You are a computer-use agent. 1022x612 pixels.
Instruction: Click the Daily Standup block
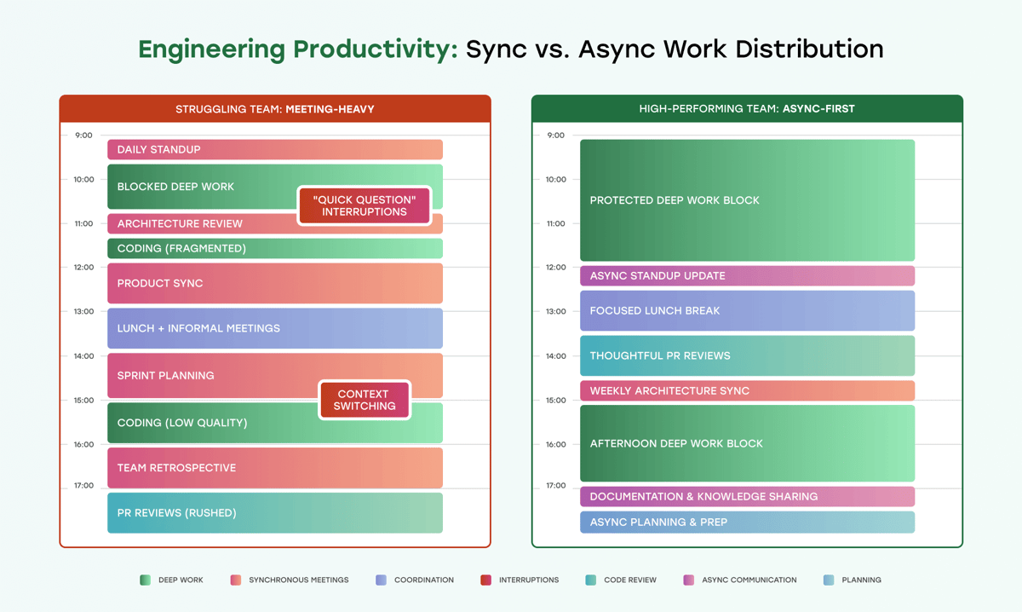(274, 149)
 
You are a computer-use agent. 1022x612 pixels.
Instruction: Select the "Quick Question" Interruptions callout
(365, 205)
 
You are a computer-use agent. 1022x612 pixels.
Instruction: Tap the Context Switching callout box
(365, 400)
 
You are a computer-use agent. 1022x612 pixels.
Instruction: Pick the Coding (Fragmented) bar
(274, 248)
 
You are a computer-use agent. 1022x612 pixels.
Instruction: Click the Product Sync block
(274, 283)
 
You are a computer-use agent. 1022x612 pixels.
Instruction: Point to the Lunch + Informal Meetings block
(274, 328)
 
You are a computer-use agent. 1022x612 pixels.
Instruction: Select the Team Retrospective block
(274, 467)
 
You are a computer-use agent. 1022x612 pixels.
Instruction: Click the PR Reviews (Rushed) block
(274, 512)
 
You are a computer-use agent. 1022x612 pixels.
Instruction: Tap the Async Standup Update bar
(747, 275)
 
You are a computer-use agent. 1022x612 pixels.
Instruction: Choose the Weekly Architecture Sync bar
(747, 390)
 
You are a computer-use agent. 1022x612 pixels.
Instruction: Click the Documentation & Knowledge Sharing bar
(747, 496)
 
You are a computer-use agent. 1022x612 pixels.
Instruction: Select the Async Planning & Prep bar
(747, 522)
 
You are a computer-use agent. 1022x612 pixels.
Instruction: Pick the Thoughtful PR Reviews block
(747, 355)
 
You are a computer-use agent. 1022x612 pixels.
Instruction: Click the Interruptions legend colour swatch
(485, 580)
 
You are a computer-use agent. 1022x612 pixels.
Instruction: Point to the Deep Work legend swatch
(145, 580)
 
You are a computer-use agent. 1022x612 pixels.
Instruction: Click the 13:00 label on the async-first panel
(555, 311)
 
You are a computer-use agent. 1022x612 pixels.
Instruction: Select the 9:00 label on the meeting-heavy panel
(83, 135)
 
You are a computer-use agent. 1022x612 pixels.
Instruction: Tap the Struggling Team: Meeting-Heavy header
(274, 109)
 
